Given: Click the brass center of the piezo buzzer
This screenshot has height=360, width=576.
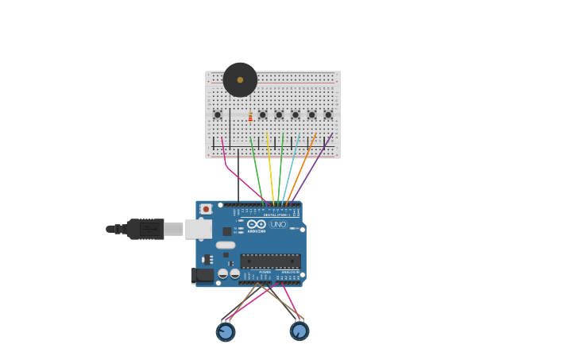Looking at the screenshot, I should (240, 79).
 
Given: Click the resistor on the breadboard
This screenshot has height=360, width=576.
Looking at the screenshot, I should (250, 117).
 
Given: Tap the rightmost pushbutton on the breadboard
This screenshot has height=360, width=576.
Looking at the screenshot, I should (328, 114).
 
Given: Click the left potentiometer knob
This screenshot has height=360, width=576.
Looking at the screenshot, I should (226, 331).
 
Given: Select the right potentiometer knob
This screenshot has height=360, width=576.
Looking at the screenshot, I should (299, 331).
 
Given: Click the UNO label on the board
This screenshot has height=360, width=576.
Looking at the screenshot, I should (278, 224).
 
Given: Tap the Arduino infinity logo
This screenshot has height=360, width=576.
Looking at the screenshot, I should (256, 224).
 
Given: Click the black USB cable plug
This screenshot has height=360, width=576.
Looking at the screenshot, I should (145, 229).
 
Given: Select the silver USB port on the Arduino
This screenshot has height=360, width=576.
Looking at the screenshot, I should (198, 229).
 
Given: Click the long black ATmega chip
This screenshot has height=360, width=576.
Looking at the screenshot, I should (270, 261).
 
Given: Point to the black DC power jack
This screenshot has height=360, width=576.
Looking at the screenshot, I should (203, 275).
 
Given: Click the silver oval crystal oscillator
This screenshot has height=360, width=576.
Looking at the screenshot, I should (226, 245).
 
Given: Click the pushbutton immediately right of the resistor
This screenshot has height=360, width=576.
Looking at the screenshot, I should (263, 114).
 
